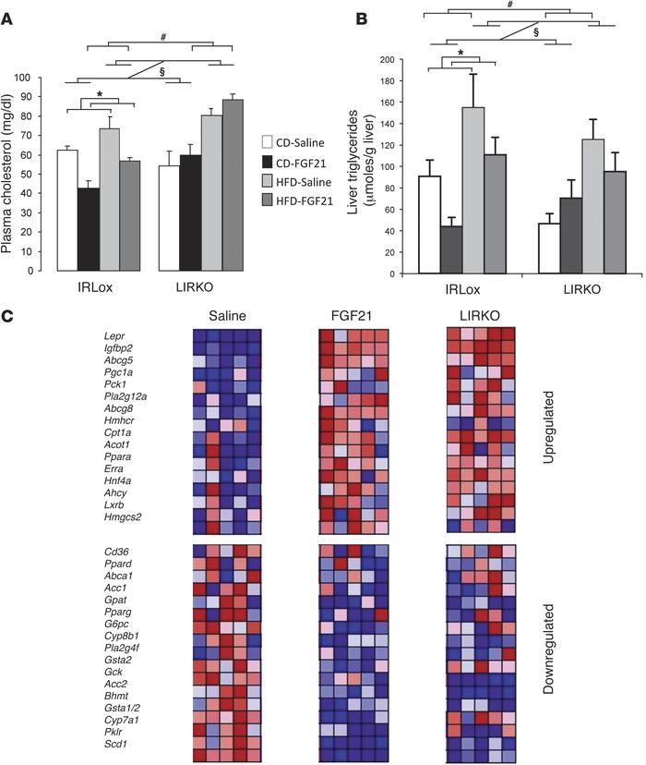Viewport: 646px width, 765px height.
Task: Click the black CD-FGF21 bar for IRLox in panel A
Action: coord(89,231)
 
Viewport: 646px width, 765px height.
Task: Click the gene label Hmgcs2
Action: coord(123,527)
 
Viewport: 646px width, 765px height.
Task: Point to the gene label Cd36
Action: coord(118,552)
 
